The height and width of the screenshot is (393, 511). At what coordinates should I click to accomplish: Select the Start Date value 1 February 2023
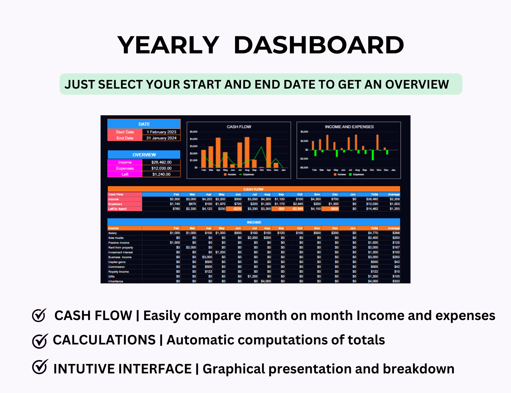tap(161, 132)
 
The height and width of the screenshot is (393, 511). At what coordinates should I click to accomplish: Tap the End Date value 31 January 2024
tap(161, 138)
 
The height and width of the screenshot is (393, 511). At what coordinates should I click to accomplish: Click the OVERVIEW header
tap(144, 155)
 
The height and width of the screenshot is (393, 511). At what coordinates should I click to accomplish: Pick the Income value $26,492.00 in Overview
tap(161, 162)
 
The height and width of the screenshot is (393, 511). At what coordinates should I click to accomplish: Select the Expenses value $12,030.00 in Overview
tap(161, 168)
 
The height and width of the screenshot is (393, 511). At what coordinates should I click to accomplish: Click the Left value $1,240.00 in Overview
tap(161, 174)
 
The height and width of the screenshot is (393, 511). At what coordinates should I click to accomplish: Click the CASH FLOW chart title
tap(239, 127)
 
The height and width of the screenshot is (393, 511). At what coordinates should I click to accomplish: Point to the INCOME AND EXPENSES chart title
tap(349, 127)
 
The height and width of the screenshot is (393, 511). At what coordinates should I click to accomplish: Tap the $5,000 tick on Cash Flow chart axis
tap(194, 132)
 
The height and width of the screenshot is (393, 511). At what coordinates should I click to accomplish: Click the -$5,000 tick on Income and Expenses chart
tap(304, 168)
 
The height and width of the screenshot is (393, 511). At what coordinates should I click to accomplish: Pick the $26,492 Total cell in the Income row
tap(372, 199)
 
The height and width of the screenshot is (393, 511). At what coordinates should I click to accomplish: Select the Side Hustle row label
tap(116, 238)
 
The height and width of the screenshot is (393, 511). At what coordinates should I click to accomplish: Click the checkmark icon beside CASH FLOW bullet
tap(39, 315)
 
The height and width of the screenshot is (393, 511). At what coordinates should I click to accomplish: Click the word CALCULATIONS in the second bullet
tap(104, 340)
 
